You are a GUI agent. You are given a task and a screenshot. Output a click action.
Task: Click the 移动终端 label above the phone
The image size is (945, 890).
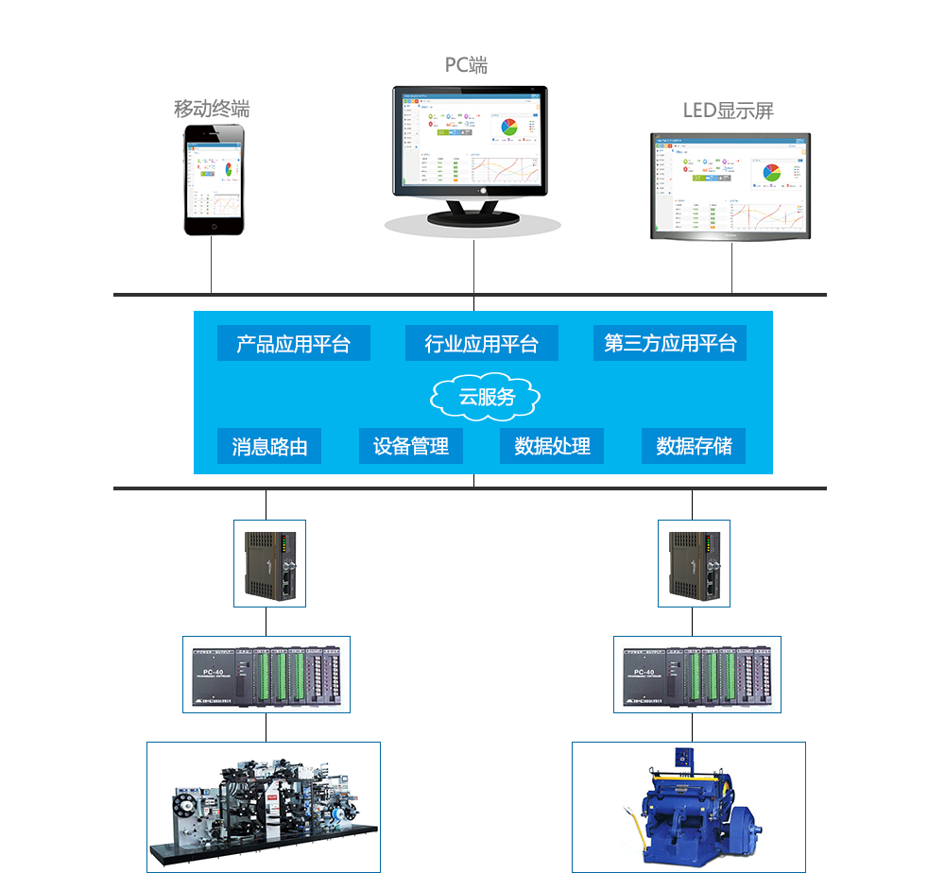[x=212, y=109]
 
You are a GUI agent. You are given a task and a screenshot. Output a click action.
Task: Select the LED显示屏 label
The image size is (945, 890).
[x=728, y=111]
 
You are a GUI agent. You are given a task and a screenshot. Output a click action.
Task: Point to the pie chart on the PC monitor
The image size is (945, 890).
[x=508, y=127]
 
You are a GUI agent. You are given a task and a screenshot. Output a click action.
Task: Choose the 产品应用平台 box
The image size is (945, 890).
[x=293, y=344]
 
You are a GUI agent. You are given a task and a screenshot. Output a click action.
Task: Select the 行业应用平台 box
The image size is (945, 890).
[x=481, y=344]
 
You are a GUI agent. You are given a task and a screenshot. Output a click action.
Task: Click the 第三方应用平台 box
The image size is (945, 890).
[x=670, y=344]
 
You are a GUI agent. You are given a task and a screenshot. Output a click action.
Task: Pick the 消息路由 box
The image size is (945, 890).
[x=269, y=447]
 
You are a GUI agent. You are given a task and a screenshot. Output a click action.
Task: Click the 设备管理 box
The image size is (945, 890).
[x=410, y=447]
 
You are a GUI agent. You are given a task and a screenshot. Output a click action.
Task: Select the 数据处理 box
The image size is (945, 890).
[x=552, y=447]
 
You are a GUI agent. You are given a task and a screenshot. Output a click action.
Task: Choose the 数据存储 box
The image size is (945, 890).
[x=694, y=447]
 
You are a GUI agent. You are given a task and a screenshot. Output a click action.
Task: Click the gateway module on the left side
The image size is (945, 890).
[x=270, y=563]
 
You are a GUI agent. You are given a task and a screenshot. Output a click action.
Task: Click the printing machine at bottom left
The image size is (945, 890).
[x=263, y=808]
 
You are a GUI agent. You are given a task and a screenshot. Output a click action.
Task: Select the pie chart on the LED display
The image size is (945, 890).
[x=772, y=173]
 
